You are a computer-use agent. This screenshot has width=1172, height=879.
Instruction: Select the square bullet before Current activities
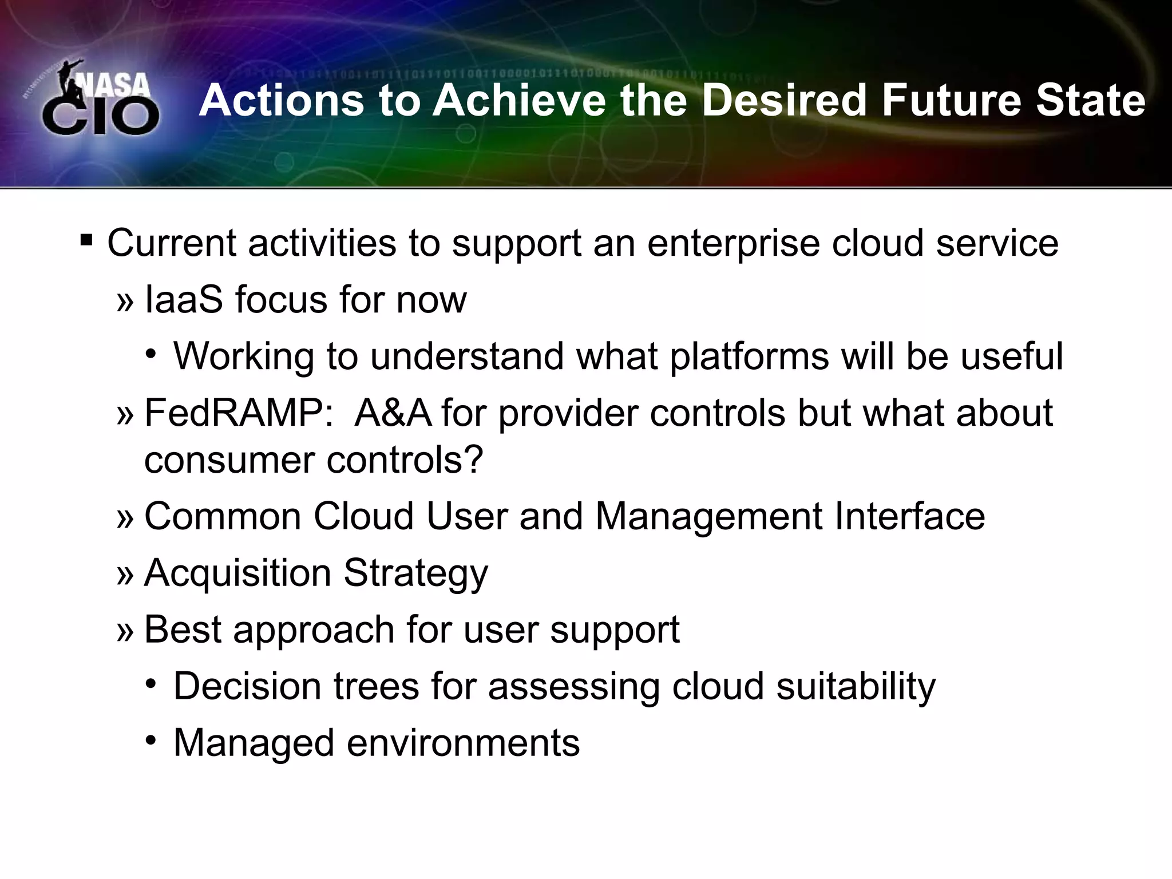[86, 238]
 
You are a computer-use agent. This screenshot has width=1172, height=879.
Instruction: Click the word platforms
[749, 357]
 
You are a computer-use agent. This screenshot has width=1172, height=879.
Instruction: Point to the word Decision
[247, 686]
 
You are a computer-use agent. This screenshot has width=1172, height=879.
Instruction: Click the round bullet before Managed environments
[151, 741]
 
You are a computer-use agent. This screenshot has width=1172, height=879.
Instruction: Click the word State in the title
[1091, 101]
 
